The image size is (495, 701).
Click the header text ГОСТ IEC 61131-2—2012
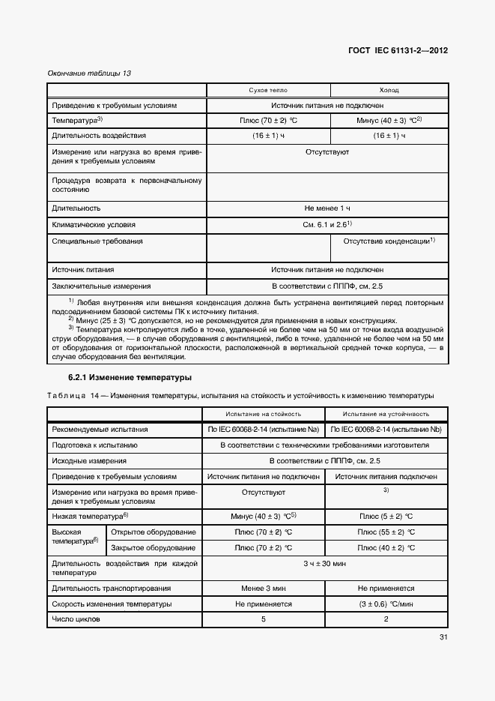point(398,52)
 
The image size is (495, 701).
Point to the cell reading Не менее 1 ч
point(327,208)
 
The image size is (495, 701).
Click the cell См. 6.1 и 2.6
point(327,224)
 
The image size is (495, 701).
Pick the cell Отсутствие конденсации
point(389,241)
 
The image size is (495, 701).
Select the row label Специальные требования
point(97,241)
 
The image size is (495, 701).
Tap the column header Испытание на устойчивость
point(386,413)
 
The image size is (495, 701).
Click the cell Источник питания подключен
point(386,476)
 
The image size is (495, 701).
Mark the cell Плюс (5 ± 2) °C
point(386,517)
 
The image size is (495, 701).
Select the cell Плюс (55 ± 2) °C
point(386,532)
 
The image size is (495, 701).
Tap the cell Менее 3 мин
point(263,589)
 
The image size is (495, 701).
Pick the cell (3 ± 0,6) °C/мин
point(386,604)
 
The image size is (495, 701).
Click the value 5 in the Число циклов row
point(263,619)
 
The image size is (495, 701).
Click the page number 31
point(442,638)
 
